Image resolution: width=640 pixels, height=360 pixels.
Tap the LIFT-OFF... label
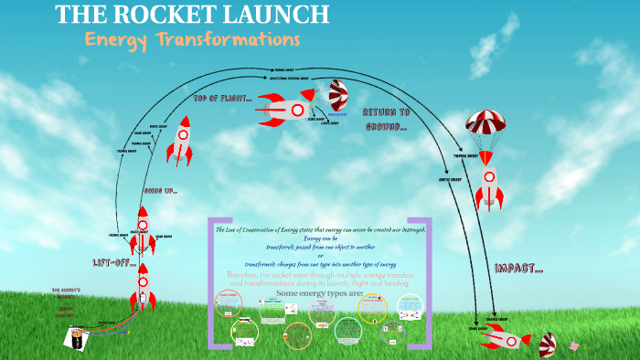click(114, 263)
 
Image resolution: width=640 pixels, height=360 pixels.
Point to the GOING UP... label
click(160, 191)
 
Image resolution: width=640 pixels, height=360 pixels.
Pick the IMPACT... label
click(518, 268)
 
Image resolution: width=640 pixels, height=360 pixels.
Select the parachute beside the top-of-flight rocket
click(339, 96)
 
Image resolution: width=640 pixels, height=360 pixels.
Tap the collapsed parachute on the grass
click(546, 344)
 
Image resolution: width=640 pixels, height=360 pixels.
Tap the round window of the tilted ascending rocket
click(182, 136)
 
